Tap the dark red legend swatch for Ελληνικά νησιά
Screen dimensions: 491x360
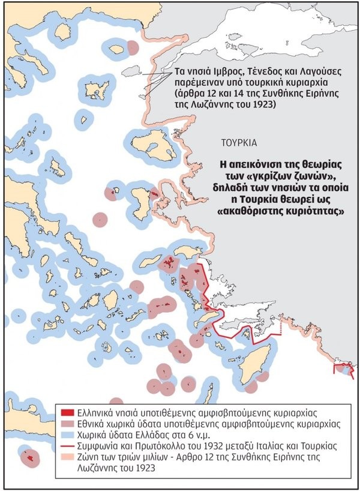point(68,414)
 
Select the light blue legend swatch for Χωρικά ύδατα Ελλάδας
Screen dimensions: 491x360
point(68,436)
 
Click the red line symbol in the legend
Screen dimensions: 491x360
point(68,447)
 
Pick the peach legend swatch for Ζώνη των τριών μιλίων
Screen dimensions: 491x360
point(68,458)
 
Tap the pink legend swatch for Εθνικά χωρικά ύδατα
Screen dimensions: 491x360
point(68,425)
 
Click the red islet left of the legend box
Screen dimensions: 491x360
point(28,458)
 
